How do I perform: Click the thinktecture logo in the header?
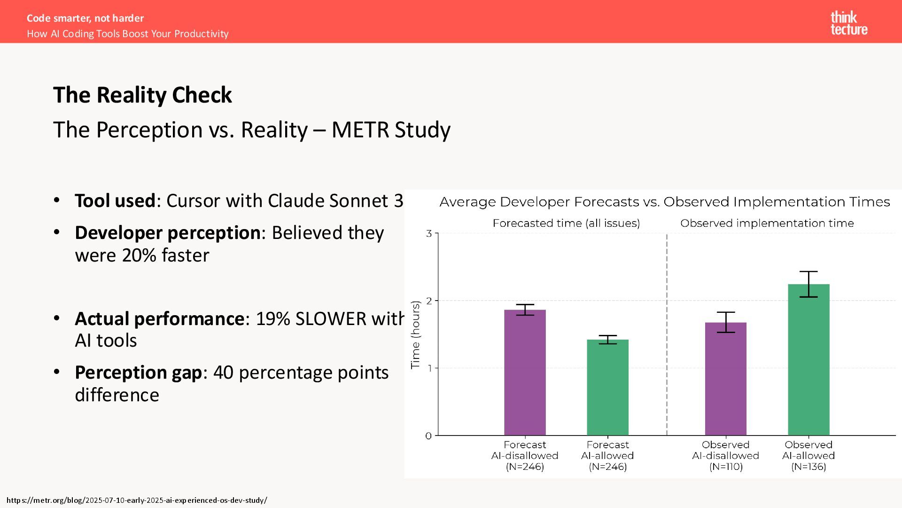pyautogui.click(x=848, y=24)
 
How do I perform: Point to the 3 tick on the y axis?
pyautogui.click(x=428, y=233)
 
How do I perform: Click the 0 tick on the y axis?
pyautogui.click(x=428, y=436)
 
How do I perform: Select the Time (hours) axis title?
pyautogui.click(x=415, y=335)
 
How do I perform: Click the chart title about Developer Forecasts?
pyautogui.click(x=664, y=202)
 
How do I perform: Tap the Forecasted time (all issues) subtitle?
pyautogui.click(x=566, y=223)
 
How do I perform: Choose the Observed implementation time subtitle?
pyautogui.click(x=767, y=223)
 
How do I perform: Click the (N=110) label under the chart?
pyautogui.click(x=725, y=467)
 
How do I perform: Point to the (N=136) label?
pyautogui.click(x=809, y=467)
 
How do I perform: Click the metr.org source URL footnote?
pyautogui.click(x=137, y=500)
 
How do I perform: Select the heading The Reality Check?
pyautogui.click(x=142, y=95)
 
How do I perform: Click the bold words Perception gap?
pyautogui.click(x=138, y=373)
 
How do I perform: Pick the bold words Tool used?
pyautogui.click(x=115, y=201)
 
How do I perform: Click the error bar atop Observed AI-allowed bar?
pyautogui.click(x=809, y=284)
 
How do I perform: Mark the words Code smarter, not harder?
pyautogui.click(x=85, y=18)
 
